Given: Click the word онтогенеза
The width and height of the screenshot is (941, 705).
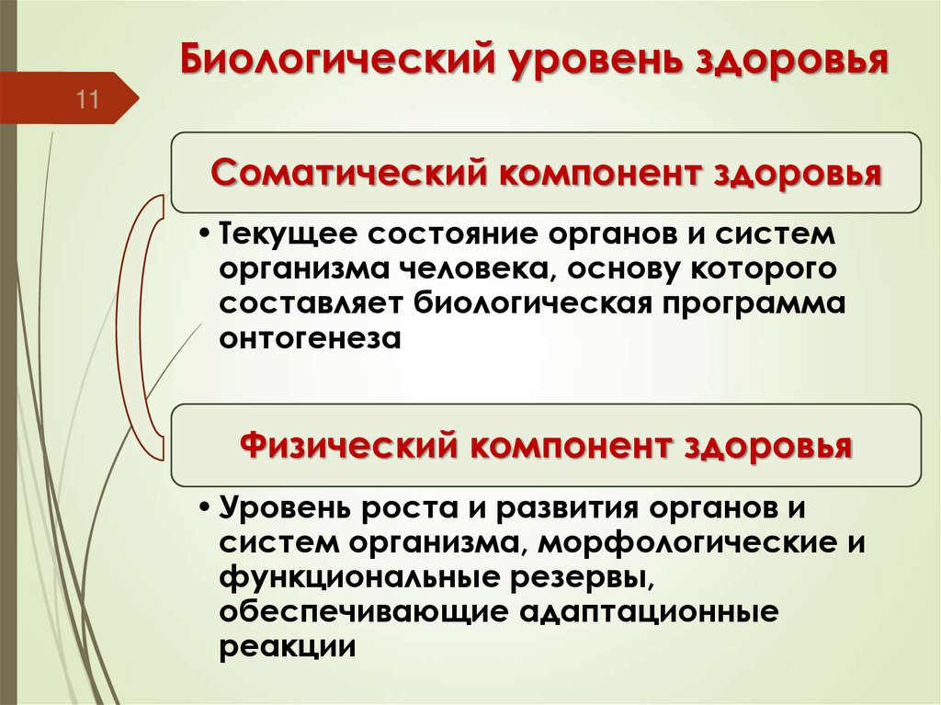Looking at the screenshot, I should point(311,338).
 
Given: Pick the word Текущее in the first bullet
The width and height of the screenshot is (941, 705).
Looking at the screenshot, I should point(278,233).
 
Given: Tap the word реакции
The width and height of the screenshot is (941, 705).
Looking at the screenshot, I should point(287,647).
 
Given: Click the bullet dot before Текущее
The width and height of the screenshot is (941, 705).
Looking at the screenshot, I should point(204,233).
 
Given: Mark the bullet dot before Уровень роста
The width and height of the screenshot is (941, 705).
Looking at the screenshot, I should point(204,508).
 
